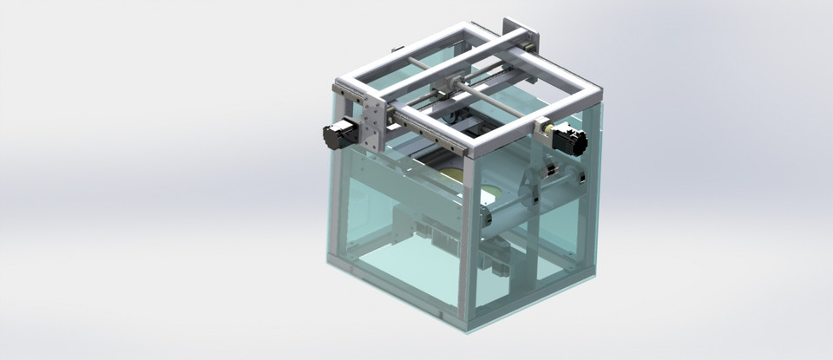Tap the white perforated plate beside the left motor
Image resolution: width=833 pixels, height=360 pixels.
(x=371, y=125)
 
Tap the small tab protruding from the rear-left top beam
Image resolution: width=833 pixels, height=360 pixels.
(x=397, y=50)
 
